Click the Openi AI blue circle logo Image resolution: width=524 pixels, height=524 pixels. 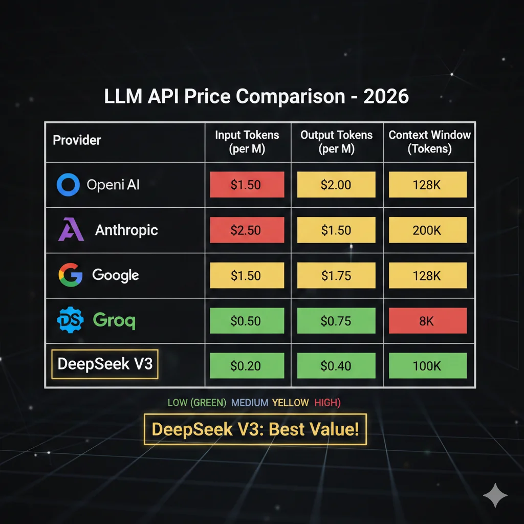click(x=68, y=185)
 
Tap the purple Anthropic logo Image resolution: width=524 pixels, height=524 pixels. click(x=70, y=229)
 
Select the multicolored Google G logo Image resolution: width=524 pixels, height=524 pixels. click(x=70, y=275)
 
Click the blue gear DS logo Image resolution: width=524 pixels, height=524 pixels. click(x=69, y=320)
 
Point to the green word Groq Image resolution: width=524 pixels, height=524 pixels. click(x=114, y=320)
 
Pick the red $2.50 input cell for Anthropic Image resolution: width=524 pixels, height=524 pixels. click(x=246, y=230)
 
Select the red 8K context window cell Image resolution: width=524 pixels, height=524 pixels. click(x=427, y=321)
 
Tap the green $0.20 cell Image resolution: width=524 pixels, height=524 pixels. click(x=246, y=366)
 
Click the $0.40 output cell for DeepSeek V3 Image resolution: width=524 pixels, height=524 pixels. click(x=336, y=366)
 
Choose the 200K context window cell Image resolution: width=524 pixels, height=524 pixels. click(x=427, y=230)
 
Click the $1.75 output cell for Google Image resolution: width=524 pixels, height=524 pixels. click(x=336, y=275)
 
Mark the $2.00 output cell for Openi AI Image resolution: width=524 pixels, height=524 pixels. click(x=336, y=185)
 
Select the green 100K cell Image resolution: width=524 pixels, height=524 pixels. click(x=427, y=366)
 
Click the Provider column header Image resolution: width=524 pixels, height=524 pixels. click(x=77, y=140)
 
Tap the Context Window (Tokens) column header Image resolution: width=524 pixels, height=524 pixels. click(x=429, y=142)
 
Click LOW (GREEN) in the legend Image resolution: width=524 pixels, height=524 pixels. click(x=196, y=403)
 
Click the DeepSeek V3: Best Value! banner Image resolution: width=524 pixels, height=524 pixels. click(x=255, y=429)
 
